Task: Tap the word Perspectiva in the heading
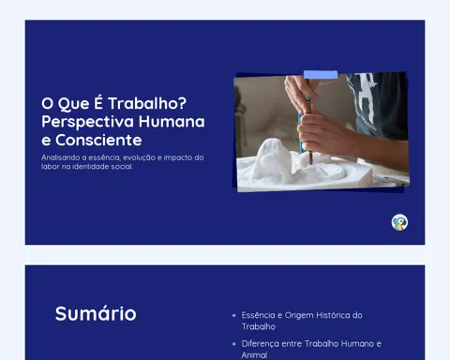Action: click(87, 122)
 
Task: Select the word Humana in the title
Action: click(172, 121)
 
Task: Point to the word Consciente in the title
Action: click(98, 140)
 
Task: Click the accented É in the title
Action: click(98, 102)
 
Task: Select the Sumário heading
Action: click(96, 313)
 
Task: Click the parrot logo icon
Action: click(399, 222)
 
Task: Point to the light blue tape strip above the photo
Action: click(321, 75)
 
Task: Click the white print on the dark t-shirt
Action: click(365, 94)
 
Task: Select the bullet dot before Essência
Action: click(234, 316)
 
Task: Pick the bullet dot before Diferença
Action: click(234, 344)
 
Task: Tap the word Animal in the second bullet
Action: click(254, 355)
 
